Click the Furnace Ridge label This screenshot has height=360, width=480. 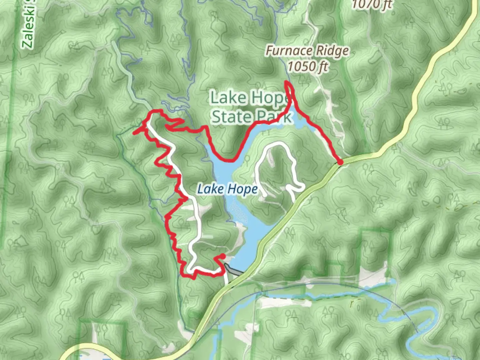[x=307, y=51]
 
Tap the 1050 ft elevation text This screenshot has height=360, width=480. [x=307, y=66]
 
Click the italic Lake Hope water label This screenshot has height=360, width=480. [x=228, y=189]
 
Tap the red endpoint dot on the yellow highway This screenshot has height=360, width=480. [x=340, y=162]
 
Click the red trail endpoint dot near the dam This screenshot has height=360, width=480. [x=223, y=256]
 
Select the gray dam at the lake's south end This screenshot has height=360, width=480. [x=233, y=270]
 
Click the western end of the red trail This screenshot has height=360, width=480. [x=134, y=133]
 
